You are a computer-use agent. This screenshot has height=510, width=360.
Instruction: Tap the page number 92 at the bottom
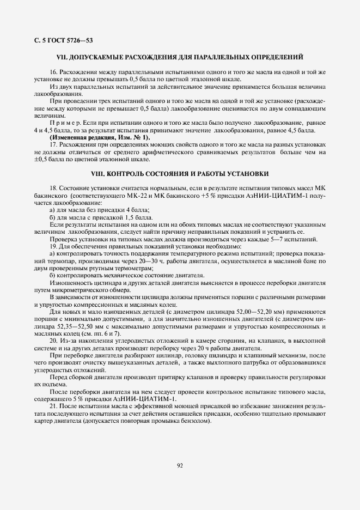tap(180, 465)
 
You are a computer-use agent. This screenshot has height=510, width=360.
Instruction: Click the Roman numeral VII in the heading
tap(62, 57)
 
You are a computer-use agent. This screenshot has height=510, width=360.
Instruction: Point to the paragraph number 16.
tap(53, 72)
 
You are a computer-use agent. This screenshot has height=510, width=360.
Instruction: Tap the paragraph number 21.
tap(53, 406)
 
